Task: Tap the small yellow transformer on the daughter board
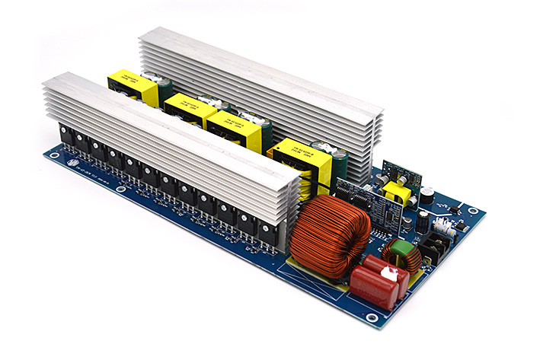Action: [x=398, y=191]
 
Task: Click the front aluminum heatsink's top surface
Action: [x=168, y=129]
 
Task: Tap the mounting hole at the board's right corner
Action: [x=475, y=211]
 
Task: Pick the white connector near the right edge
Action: [x=443, y=225]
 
